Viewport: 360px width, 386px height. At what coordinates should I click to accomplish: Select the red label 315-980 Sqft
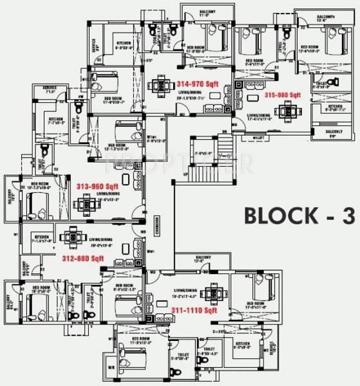[282, 95]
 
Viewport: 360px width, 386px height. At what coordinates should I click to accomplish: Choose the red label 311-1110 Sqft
[194, 309]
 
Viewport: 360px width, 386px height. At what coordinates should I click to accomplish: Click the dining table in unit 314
[158, 84]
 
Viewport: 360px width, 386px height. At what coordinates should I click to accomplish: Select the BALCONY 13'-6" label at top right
[327, 17]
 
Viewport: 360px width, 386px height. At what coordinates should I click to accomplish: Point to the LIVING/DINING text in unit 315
[258, 116]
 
